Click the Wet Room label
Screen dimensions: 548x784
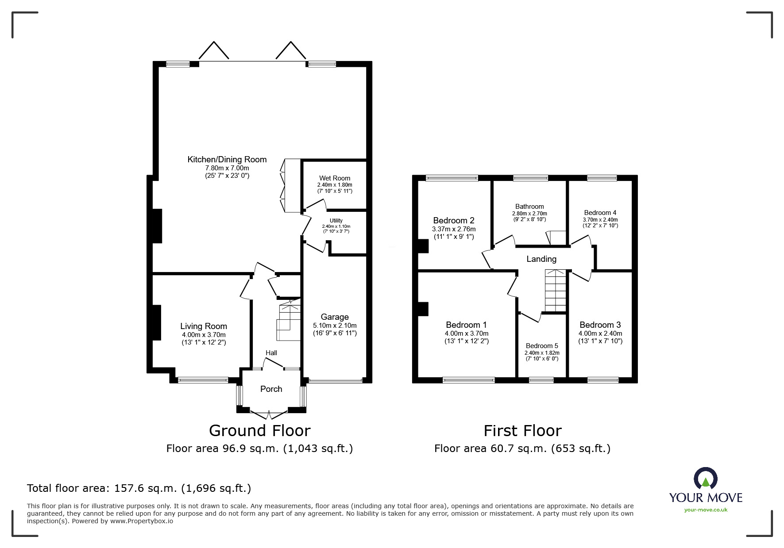click(x=334, y=178)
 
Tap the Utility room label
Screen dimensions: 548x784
click(x=336, y=221)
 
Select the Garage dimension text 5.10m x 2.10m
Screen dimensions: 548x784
click(x=334, y=325)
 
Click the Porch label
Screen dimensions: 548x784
click(x=271, y=389)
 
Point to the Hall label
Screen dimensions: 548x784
click(x=271, y=353)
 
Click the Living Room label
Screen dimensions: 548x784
click(x=204, y=326)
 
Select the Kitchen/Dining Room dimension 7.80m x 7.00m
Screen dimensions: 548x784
click(x=227, y=168)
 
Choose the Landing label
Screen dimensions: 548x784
click(x=541, y=259)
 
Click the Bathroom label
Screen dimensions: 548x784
click(x=529, y=207)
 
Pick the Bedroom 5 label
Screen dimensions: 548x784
click(x=542, y=346)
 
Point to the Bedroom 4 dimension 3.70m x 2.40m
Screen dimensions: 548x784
click(x=600, y=219)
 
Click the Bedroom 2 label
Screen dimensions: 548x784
click(x=453, y=220)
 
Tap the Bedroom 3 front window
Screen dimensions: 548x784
click(x=602, y=379)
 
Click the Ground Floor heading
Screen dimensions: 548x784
click(x=259, y=431)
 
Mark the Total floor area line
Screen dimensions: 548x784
click(x=139, y=488)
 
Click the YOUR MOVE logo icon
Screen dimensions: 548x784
click(x=705, y=479)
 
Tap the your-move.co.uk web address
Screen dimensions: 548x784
click(x=706, y=510)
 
